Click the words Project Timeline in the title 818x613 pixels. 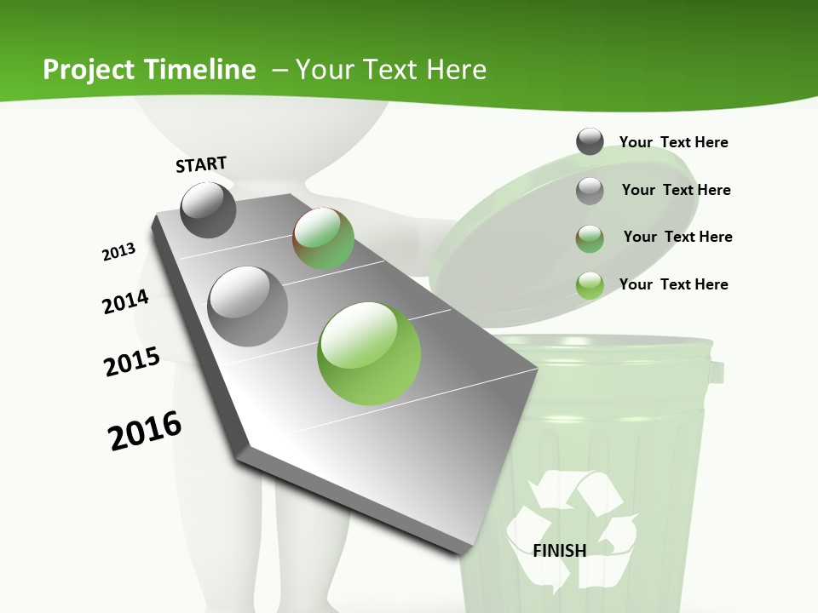[149, 70]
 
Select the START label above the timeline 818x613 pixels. [201, 164]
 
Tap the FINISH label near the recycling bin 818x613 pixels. [560, 550]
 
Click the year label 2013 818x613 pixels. [118, 252]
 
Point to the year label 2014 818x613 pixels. [125, 301]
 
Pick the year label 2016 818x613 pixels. [145, 431]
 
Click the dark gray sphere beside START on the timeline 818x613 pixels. [208, 209]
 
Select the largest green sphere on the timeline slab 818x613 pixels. [369, 352]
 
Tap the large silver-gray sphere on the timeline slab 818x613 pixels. [247, 306]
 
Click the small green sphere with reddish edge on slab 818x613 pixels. [323, 238]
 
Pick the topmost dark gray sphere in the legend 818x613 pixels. [590, 141]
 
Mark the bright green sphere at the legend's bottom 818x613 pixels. [590, 284]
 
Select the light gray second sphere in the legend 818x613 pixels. [590, 190]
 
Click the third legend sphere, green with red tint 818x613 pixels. [590, 238]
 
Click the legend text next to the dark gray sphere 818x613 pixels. [673, 142]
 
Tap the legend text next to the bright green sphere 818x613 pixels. [673, 284]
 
